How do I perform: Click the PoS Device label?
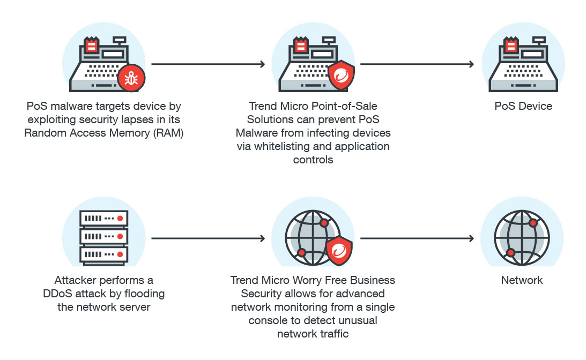tap(523, 106)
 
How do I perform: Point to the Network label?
tap(522, 280)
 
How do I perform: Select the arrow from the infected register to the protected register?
tap(209, 64)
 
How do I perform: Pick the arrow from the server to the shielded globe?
tap(209, 238)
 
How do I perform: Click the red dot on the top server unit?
tap(121, 219)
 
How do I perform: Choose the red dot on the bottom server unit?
tap(121, 253)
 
